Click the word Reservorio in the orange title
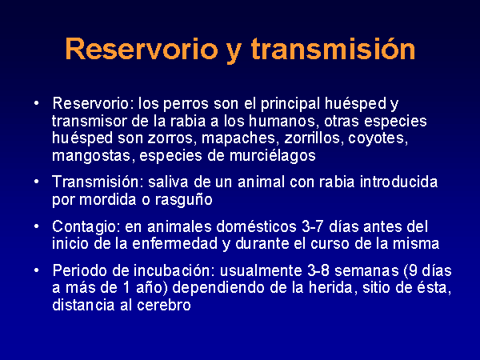click(142, 49)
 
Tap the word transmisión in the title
click(333, 49)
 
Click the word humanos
click(282, 121)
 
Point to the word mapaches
click(238, 138)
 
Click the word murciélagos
click(273, 155)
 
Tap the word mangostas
click(94, 156)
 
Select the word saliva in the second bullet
click(168, 182)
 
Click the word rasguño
click(184, 200)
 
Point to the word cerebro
click(164, 305)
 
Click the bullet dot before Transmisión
click(37, 182)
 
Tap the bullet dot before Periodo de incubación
click(37, 270)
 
